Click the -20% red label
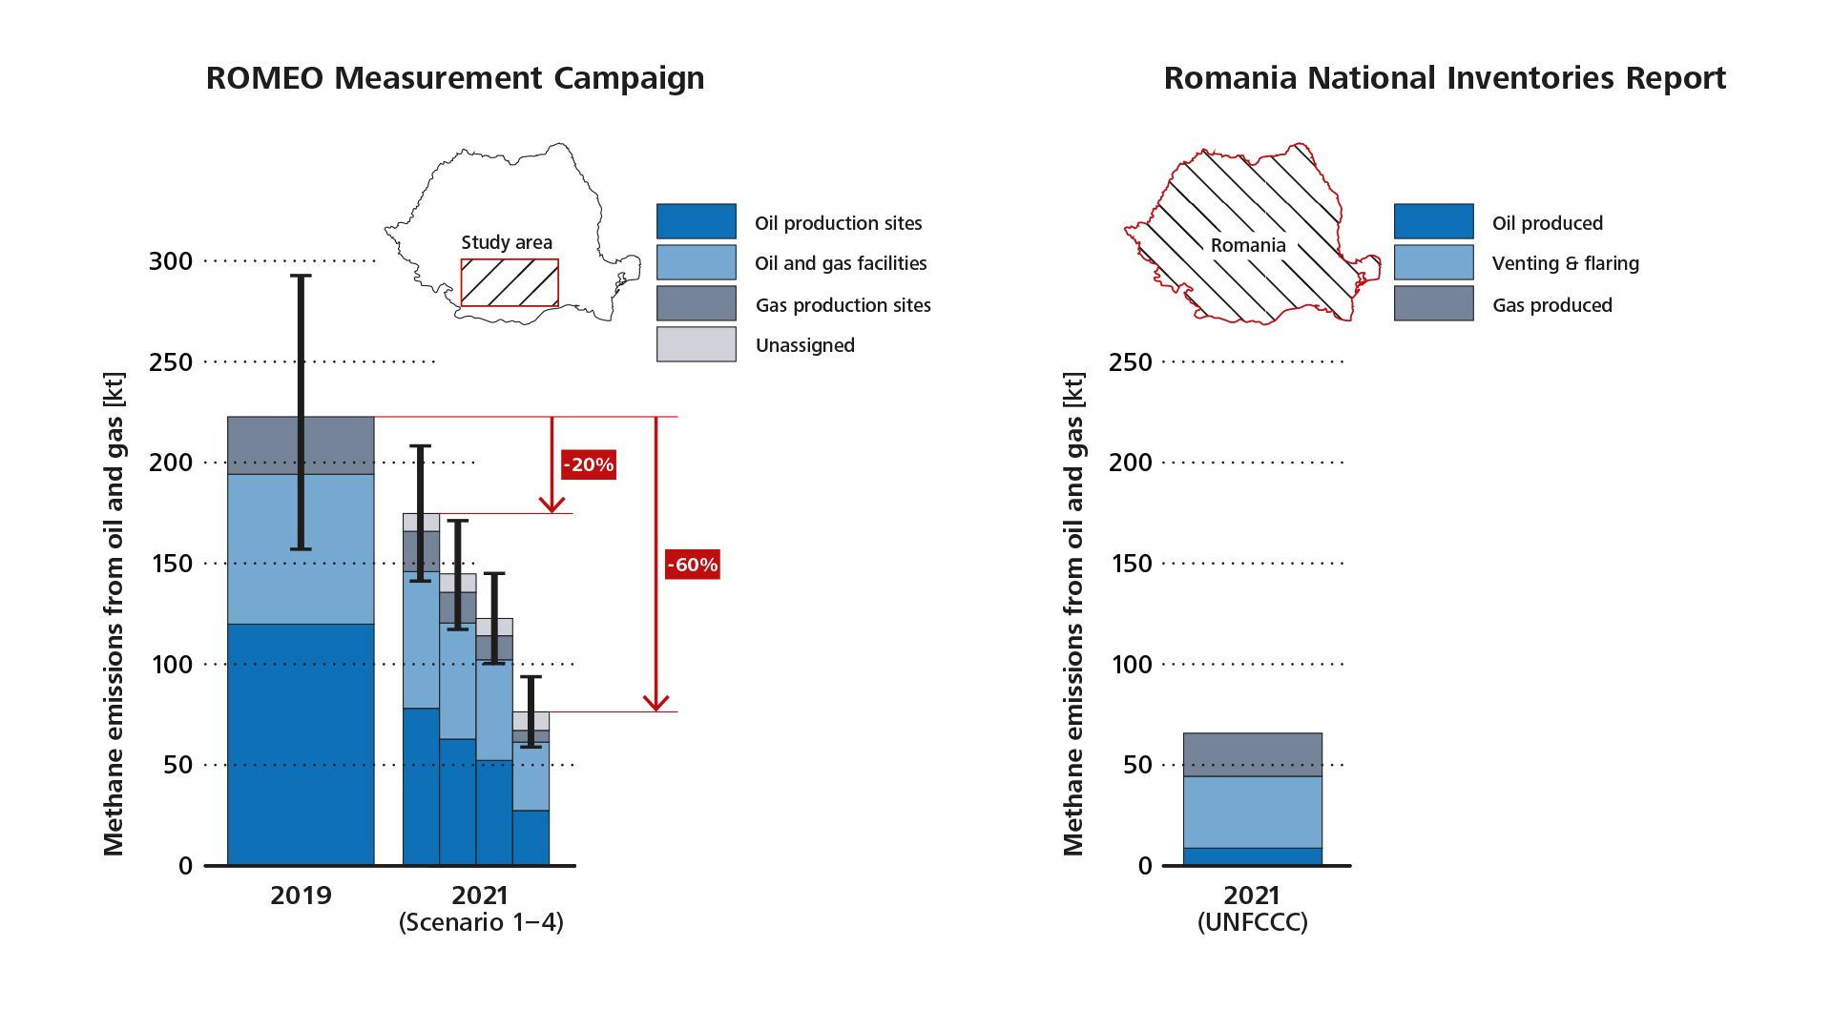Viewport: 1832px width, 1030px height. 588,464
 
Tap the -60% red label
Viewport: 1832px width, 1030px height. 692,565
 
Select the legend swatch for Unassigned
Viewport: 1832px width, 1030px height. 696,344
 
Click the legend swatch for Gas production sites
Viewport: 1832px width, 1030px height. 696,303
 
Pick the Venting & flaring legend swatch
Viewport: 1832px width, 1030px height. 1433,262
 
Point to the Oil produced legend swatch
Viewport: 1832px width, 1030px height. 1433,221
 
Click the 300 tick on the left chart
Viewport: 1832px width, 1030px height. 171,260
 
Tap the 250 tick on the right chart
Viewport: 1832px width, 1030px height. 1131,361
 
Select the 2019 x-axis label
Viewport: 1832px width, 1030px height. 301,896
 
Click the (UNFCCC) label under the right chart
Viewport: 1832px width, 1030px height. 1252,922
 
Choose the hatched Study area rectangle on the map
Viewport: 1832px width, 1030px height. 510,283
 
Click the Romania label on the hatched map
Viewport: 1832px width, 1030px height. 1248,245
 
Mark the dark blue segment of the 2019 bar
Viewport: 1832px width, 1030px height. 301,744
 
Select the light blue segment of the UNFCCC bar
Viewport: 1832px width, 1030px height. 1252,812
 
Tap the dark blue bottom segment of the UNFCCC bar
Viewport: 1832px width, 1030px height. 1252,856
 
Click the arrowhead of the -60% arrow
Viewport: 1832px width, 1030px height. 656,703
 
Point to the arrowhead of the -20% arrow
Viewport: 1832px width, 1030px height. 552,505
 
